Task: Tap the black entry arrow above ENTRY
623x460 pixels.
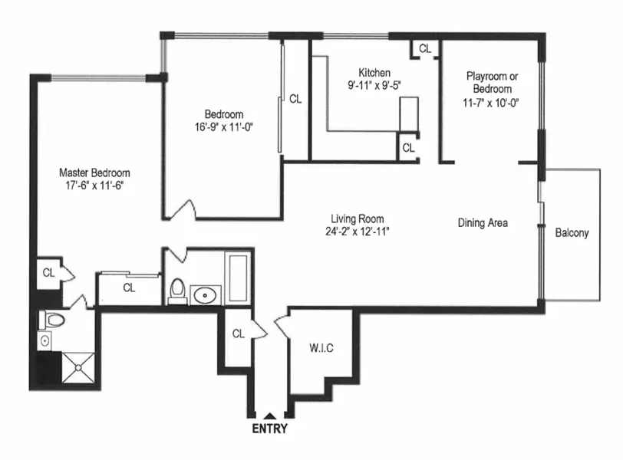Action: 269,416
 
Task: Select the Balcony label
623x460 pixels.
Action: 572,233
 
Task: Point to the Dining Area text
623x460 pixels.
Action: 483,223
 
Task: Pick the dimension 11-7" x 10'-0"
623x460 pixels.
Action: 491,102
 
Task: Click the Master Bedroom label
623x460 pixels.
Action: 94,172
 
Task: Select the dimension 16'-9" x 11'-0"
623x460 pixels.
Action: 223,127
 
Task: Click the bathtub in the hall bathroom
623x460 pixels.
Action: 238,278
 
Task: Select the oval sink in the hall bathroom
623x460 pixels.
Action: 206,294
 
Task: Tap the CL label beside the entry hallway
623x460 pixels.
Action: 238,333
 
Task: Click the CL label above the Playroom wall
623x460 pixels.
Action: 425,48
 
